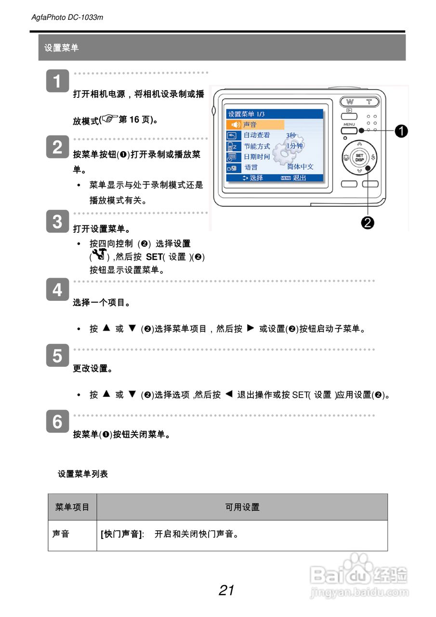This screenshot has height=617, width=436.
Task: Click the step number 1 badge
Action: pyautogui.click(x=57, y=81)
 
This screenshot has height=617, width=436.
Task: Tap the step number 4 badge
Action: pyautogui.click(x=57, y=290)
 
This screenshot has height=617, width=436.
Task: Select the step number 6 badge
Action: pyautogui.click(x=57, y=421)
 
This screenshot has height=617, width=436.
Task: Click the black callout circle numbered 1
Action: pyautogui.click(x=401, y=130)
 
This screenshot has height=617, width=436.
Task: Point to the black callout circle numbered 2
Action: pyautogui.click(x=368, y=222)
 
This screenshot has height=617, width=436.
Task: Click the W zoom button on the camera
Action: pyautogui.click(x=349, y=102)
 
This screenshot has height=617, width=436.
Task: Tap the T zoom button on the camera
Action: pyautogui.click(x=369, y=102)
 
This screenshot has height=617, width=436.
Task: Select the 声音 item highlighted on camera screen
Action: pyautogui.click(x=250, y=125)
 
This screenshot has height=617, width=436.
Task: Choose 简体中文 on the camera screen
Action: pyautogui.click(x=300, y=167)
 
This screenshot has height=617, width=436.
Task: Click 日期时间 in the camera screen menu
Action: pyautogui.click(x=257, y=157)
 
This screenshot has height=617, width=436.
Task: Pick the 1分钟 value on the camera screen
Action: pyautogui.click(x=294, y=146)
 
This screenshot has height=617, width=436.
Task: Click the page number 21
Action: pyautogui.click(x=226, y=590)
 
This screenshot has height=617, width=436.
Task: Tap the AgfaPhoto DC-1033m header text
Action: pyautogui.click(x=67, y=17)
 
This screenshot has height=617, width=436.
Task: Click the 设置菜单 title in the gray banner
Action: pyautogui.click(x=61, y=48)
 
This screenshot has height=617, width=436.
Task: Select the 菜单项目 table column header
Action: pyautogui.click(x=72, y=507)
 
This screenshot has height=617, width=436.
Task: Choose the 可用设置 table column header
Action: pyautogui.click(x=242, y=507)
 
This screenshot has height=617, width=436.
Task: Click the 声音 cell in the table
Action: pyautogui.click(x=61, y=534)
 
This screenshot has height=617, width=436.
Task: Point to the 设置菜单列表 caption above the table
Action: pyautogui.click(x=83, y=474)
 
